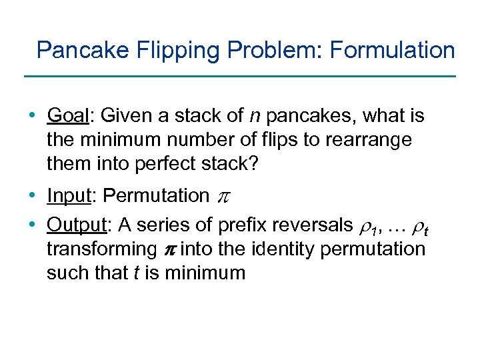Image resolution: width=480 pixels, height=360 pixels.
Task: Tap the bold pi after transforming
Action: pyautogui.click(x=169, y=250)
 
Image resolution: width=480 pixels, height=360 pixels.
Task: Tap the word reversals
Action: pyautogui.click(x=308, y=225)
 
